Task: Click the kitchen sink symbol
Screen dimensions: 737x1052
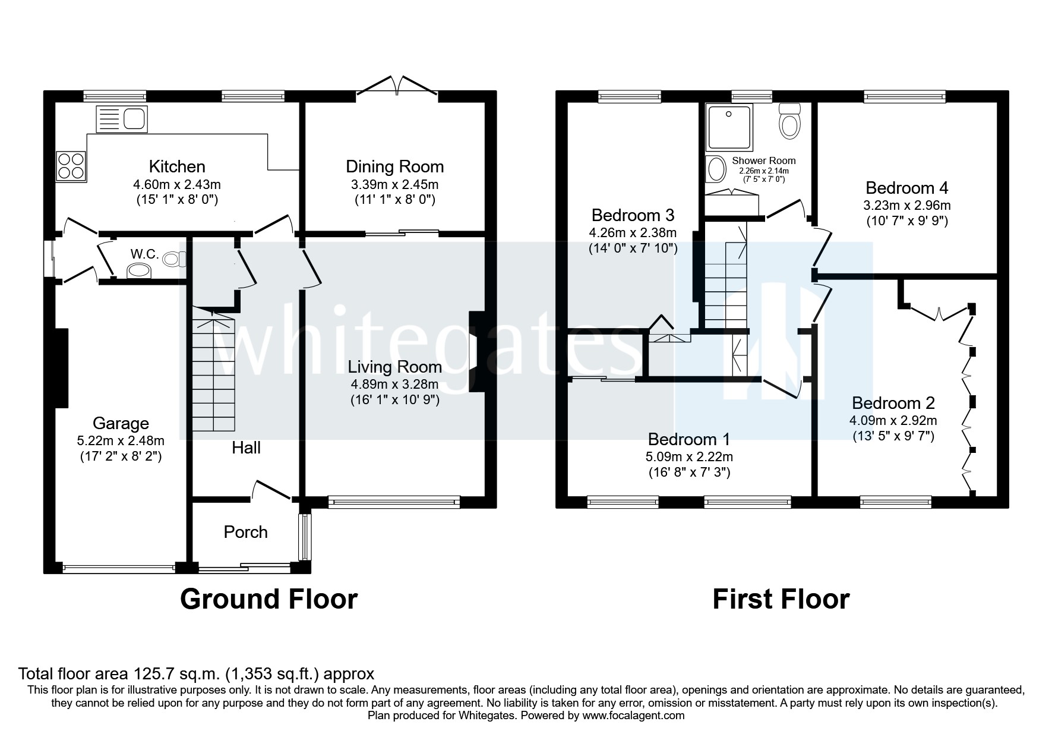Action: (121, 119)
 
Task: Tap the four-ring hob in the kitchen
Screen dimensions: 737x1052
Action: (71, 165)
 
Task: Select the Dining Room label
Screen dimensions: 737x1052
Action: (394, 166)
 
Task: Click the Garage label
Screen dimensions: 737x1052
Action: (121, 423)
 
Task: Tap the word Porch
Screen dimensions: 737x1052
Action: (245, 532)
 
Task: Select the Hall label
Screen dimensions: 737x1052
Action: (246, 448)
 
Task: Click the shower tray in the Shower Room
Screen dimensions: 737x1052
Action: (729, 126)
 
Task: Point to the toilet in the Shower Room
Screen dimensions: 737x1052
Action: (789, 122)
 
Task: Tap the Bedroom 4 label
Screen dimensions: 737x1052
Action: (906, 188)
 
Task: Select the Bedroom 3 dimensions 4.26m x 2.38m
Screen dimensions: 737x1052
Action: (633, 233)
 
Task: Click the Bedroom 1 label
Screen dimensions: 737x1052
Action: (689, 439)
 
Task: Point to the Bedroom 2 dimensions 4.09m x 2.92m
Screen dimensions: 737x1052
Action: (893, 420)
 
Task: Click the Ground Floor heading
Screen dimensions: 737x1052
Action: (268, 599)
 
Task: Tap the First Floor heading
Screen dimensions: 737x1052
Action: (781, 599)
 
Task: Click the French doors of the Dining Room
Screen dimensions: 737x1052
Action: (397, 85)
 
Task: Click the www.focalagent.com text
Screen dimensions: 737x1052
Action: (633, 716)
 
